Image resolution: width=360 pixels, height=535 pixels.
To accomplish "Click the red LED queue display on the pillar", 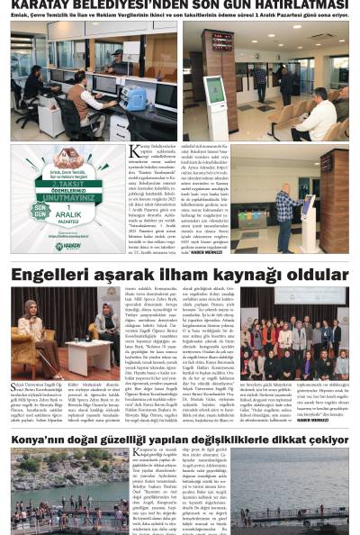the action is [216, 41].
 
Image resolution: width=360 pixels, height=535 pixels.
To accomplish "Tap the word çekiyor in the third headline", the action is [320, 435].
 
